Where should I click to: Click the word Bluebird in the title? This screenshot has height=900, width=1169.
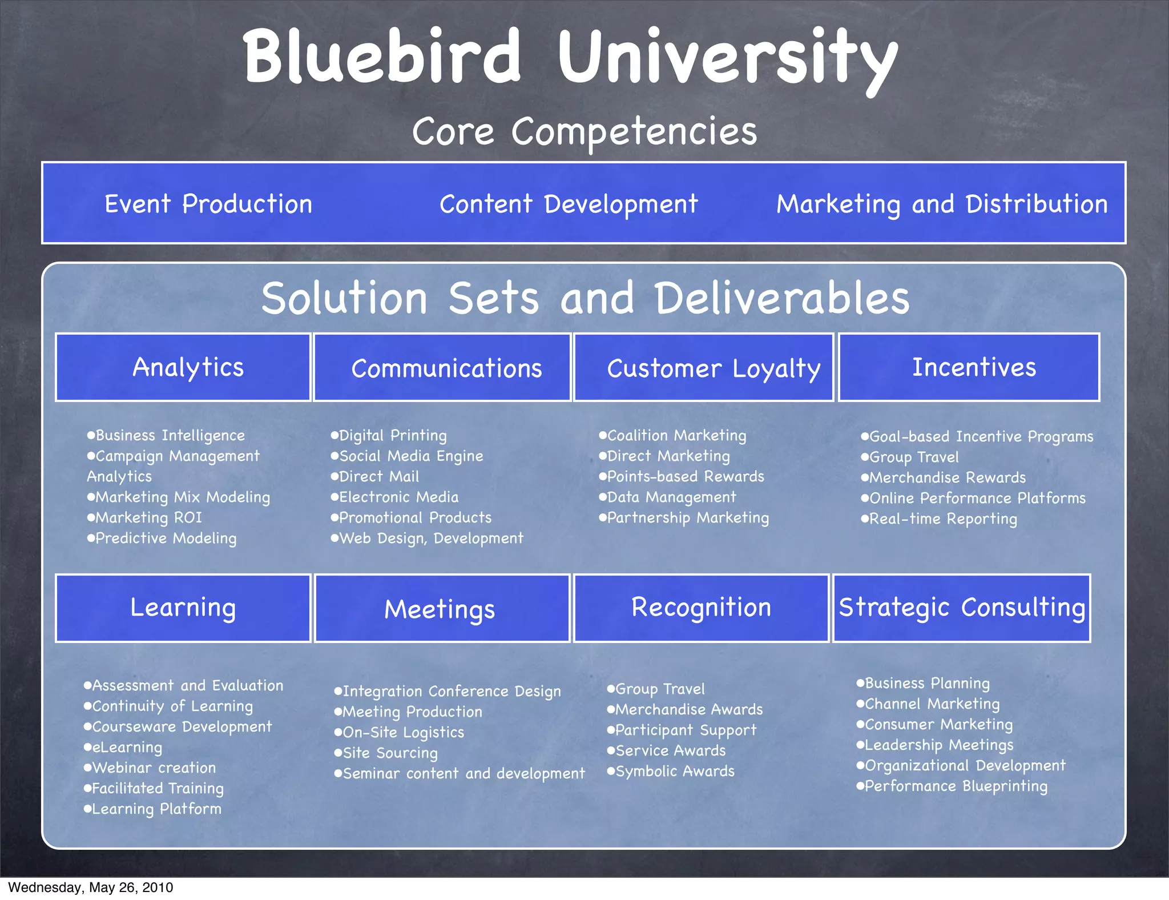click(x=381, y=57)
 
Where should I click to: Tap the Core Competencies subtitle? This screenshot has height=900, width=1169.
click(x=584, y=132)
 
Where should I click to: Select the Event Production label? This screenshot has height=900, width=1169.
click(x=208, y=204)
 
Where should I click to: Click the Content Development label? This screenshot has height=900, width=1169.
click(x=569, y=204)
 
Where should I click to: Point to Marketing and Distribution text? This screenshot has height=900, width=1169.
click(x=942, y=204)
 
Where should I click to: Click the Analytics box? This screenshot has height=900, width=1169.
click(x=183, y=367)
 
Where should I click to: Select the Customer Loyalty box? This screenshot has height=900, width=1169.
click(x=704, y=367)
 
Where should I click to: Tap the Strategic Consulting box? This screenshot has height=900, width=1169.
click(x=962, y=608)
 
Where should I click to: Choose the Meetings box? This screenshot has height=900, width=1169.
click(x=442, y=608)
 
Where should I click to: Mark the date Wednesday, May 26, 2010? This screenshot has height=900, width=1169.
click(x=90, y=887)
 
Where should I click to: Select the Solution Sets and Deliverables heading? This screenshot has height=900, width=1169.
click(x=584, y=298)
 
